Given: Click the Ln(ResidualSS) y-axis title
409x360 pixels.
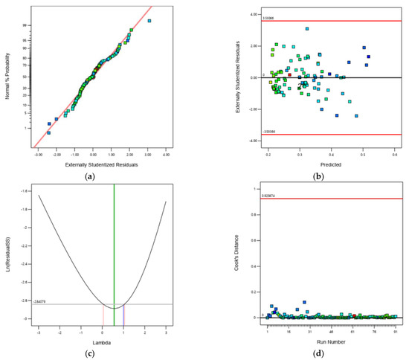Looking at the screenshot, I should pos(7,256).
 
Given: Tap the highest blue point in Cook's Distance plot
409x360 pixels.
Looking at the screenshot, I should pos(304,302).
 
